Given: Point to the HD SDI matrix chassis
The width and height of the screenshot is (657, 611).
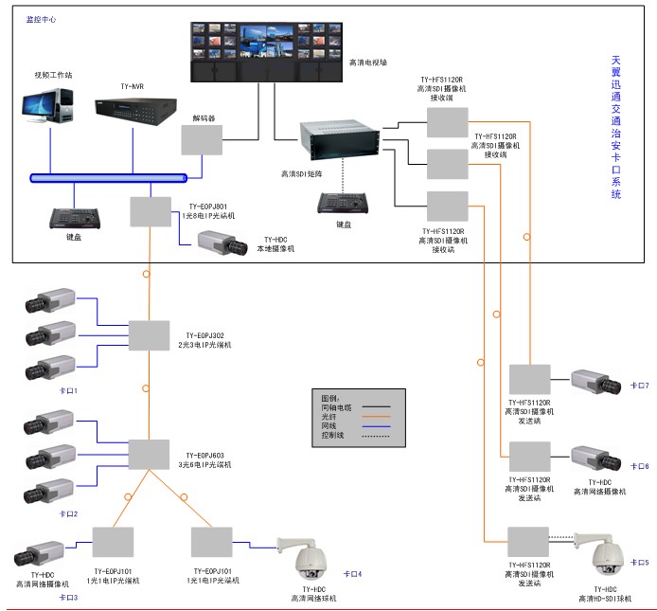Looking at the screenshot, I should [338, 142].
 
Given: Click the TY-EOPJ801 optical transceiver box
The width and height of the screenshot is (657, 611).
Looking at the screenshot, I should [150, 211].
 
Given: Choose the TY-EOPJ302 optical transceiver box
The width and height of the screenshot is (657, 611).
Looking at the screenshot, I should [148, 335].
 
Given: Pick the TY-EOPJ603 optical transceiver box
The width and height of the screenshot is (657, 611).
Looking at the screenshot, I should [148, 454].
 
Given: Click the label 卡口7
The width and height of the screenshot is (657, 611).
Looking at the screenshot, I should [640, 386].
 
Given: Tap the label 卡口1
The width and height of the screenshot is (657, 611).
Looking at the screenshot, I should [68, 389].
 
